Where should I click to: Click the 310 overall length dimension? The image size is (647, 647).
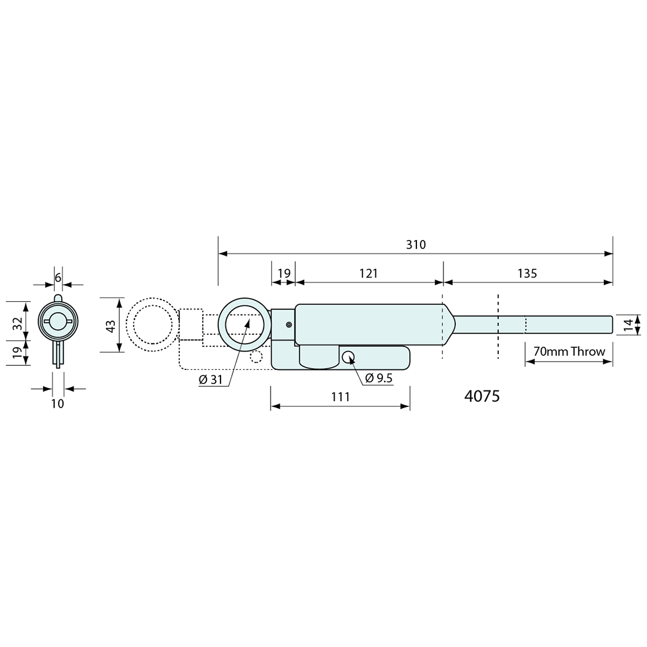coord(415,245)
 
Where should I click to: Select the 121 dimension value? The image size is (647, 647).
coord(368,273)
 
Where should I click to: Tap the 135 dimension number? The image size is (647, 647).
coord(528,273)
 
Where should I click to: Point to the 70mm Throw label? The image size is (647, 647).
coord(569,352)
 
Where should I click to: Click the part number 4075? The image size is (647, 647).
coord(482,396)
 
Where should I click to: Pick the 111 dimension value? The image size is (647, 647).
coord(341,396)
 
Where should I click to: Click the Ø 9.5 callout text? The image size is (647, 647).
coord(379,378)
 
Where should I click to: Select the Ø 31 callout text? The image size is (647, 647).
coord(211,379)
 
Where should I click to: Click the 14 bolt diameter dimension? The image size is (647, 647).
coord(628,325)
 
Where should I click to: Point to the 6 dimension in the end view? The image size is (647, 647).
coord(58,278)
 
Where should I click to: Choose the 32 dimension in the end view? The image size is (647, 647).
coord(17,323)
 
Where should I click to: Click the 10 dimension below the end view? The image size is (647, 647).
coord(58,403)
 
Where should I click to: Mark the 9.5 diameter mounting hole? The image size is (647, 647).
coord(349,357)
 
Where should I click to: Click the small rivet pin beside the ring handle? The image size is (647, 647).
coord(289,325)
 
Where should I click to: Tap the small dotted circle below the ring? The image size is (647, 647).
coord(256,356)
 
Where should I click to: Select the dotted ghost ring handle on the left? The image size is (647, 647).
coord(152,325)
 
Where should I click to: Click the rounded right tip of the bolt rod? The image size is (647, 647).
coord(611,324)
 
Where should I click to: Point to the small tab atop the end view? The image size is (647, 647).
coord(58,298)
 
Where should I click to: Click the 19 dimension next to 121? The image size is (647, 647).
coord(284,273)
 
